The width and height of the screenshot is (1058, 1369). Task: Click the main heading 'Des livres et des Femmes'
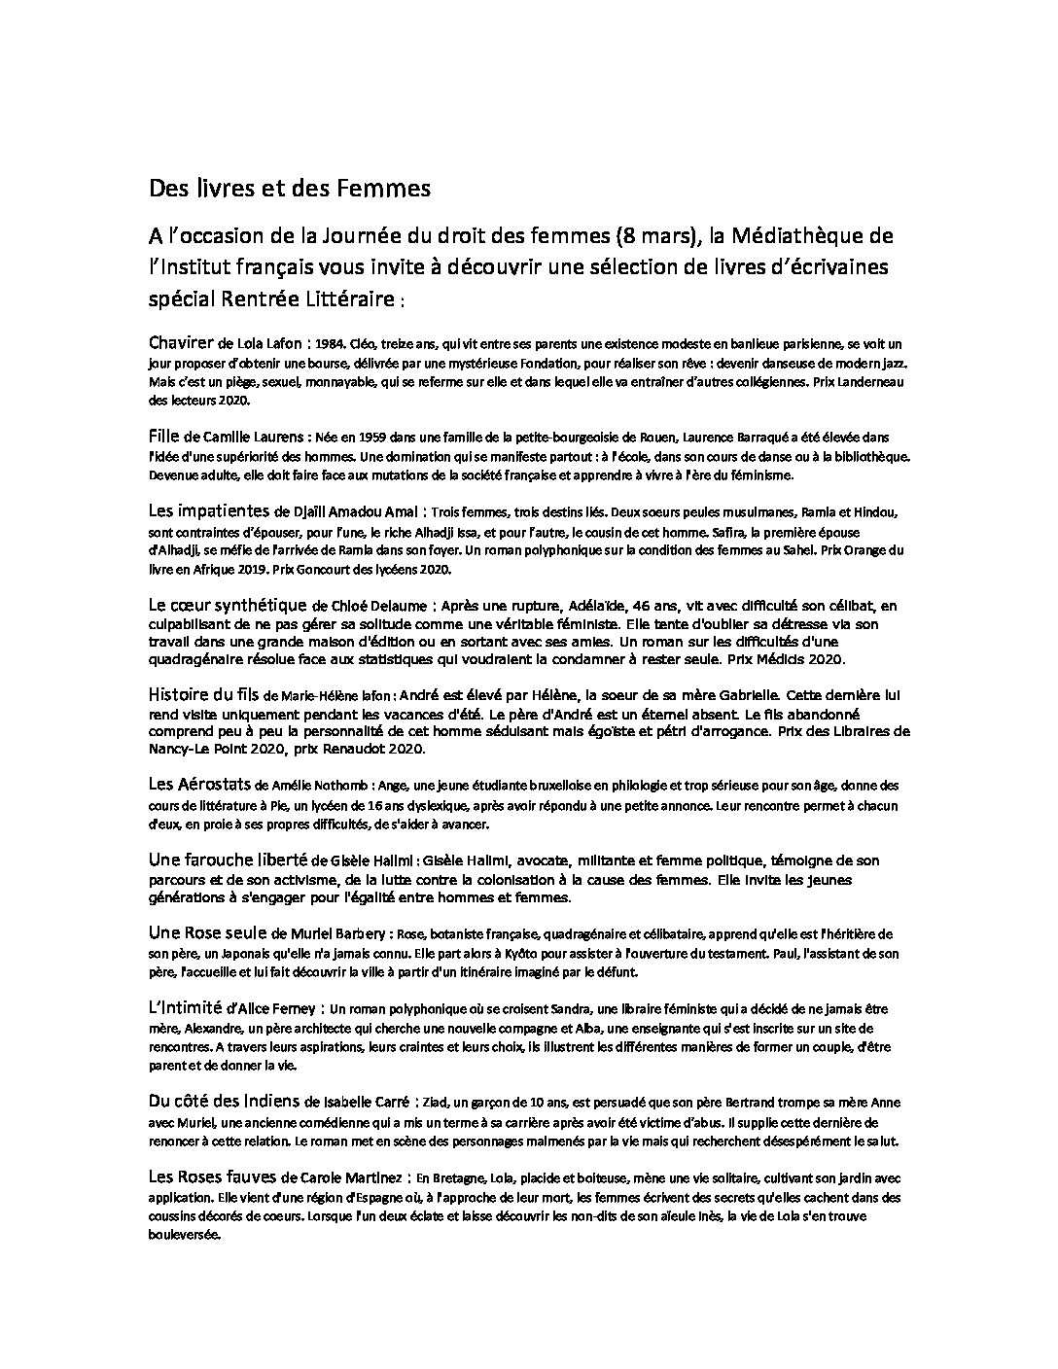click(x=289, y=189)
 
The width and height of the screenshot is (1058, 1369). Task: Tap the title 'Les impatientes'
click(x=209, y=510)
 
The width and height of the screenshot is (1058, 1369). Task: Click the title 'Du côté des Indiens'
click(x=224, y=1102)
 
